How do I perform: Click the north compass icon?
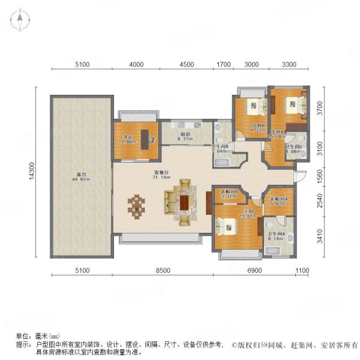pyautogui.click(x=19, y=21)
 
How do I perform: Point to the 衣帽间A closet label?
pyautogui.click(x=277, y=201)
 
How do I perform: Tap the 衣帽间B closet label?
pyautogui.click(x=229, y=193)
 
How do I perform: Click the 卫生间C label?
pyautogui.click(x=294, y=149)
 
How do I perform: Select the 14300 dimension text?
pyautogui.click(x=40, y=173)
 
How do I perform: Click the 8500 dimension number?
pyautogui.click(x=161, y=271)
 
